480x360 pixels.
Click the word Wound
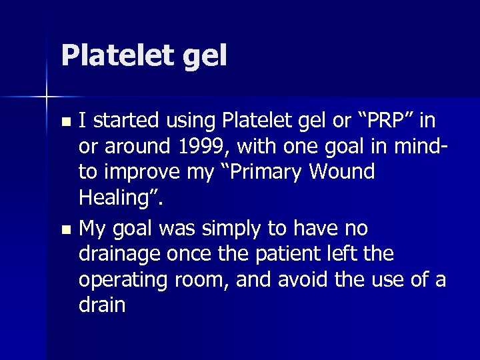(x=346, y=171)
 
